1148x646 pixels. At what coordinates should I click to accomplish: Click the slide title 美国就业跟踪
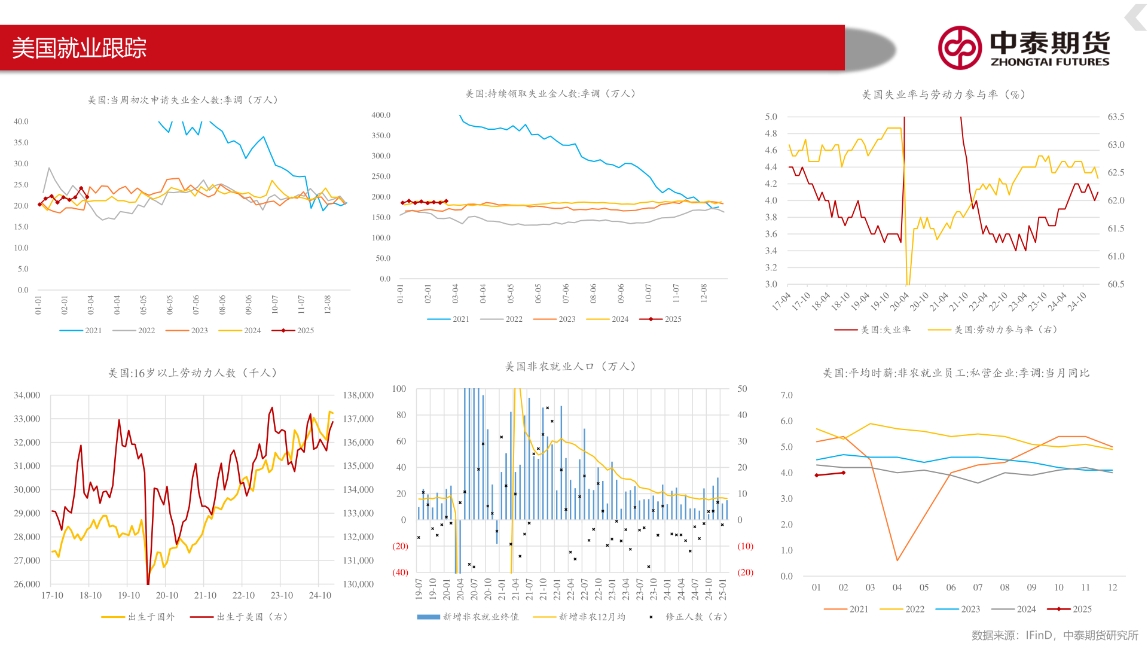80,48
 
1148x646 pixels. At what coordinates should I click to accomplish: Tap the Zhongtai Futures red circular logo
960,48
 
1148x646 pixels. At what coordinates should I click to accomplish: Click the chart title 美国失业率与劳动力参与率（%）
944,95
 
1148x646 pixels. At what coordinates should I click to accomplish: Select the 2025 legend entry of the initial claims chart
294,330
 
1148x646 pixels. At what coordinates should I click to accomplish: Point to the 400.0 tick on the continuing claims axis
380,115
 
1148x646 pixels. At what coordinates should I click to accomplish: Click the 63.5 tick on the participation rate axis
1116,117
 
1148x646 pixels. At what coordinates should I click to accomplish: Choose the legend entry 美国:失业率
873,330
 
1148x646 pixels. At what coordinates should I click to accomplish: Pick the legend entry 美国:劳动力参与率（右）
993,330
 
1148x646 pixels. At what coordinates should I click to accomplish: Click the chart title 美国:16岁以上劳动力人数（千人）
193,373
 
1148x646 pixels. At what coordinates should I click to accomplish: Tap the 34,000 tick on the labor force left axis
27,395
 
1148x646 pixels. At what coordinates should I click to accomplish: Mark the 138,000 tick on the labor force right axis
358,395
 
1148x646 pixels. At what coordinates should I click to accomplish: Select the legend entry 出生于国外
139,617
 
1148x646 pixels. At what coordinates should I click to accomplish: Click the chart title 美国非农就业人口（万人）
570,367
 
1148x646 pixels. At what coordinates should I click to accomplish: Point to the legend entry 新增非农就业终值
468,617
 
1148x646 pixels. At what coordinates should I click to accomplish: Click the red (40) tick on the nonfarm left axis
400,572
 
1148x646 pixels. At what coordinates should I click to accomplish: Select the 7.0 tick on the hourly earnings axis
786,395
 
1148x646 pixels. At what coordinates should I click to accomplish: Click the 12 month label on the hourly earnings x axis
1112,587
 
